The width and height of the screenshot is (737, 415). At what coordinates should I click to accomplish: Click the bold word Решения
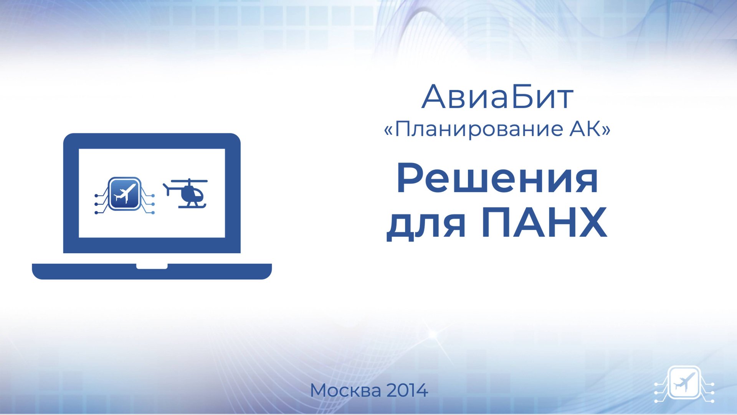click(497, 179)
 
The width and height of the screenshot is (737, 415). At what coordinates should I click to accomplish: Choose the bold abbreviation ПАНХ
click(544, 223)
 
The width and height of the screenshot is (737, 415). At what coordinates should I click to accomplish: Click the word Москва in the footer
click(345, 391)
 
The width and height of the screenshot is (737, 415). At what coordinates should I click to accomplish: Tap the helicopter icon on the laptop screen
click(187, 194)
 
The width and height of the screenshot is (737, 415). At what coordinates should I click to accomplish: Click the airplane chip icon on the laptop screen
click(124, 194)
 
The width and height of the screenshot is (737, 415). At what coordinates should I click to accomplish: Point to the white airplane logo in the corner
click(684, 383)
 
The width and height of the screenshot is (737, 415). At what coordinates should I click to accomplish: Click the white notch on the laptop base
click(152, 266)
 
